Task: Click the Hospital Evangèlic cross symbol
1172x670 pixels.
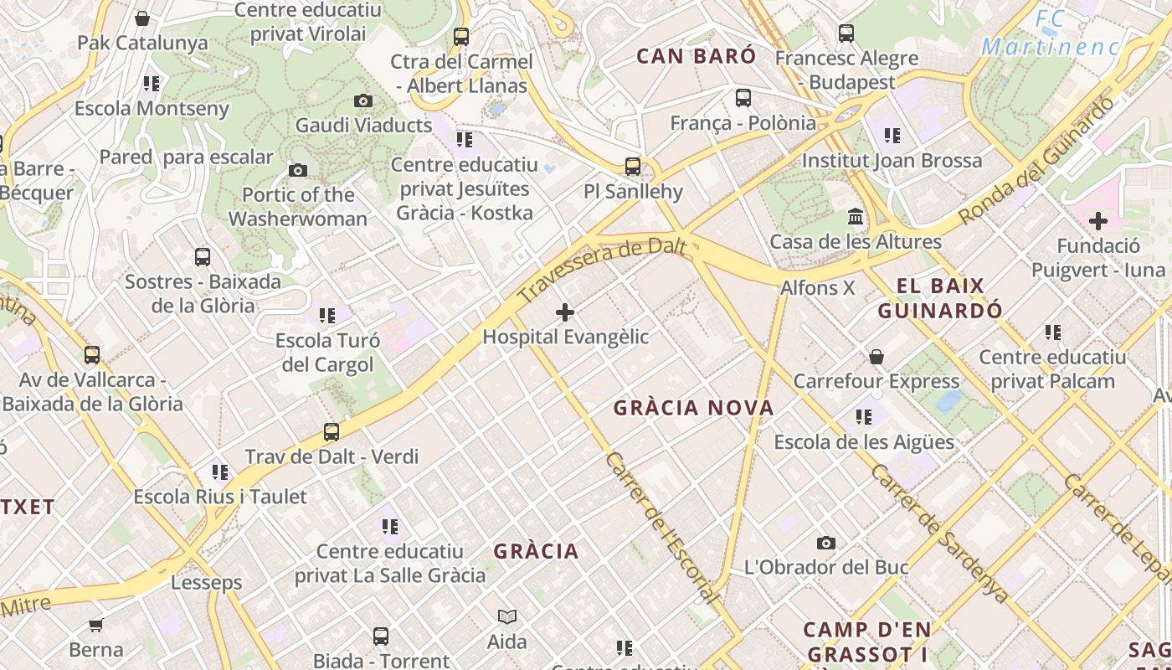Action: pos(565,313)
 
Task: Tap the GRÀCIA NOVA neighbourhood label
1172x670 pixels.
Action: pos(693,408)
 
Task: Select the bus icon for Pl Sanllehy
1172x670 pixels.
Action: pos(633,167)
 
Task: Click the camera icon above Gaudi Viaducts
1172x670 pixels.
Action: pos(363,101)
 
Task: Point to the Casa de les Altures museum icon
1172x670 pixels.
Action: pos(856,218)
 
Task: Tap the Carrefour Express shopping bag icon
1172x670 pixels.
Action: pos(876,357)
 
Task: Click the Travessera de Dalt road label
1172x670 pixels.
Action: pos(602,268)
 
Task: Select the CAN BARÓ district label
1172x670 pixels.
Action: pos(697,56)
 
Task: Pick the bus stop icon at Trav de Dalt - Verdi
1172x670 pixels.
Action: pos(332,432)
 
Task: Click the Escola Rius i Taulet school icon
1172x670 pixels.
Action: pos(220,472)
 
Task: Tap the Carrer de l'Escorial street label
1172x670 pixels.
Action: pos(661,528)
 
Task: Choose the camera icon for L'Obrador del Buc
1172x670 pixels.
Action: pos(826,544)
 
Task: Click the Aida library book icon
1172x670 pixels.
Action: pos(507,617)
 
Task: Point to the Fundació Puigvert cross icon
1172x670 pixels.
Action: pos(1098,222)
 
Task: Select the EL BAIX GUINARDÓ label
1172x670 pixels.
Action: pos(940,298)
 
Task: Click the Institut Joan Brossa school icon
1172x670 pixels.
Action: pos(892,136)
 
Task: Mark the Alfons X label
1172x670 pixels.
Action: pos(817,288)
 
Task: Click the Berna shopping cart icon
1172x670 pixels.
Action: pos(96,625)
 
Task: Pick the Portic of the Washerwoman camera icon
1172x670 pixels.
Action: pos(297,171)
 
